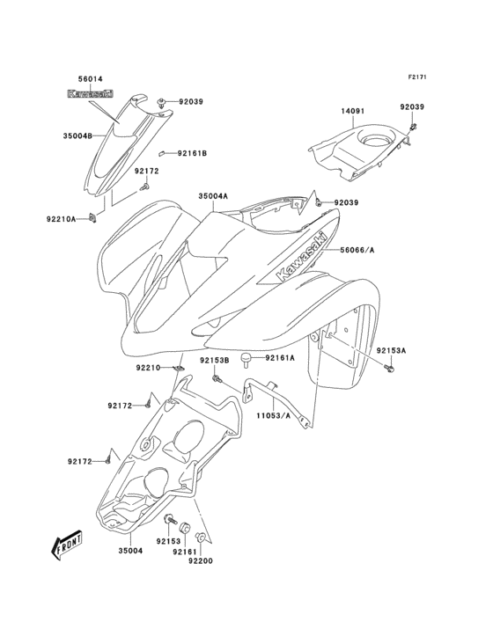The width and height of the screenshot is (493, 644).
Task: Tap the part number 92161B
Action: (191, 154)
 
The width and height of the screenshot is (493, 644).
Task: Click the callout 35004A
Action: (213, 196)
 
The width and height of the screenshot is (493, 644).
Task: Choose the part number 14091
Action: (353, 111)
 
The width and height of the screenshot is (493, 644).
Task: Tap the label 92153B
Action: (213, 360)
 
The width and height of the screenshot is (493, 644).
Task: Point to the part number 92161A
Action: (280, 358)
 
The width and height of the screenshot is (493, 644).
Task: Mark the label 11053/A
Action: (273, 415)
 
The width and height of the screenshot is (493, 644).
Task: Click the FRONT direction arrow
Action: (67, 547)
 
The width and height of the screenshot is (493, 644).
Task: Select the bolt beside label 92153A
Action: (387, 366)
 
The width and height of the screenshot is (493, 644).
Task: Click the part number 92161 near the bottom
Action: (184, 552)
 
